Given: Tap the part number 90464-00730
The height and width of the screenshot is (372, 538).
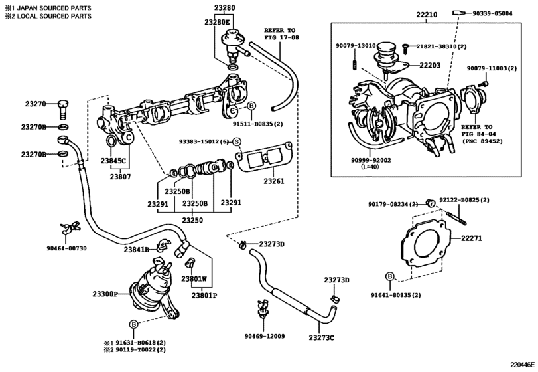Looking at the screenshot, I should [x=66, y=248].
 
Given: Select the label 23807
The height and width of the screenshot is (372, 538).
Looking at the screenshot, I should [x=120, y=177].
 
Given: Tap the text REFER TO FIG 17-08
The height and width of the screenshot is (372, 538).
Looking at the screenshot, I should [x=282, y=35].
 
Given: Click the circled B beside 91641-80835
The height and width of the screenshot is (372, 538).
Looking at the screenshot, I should [x=389, y=276].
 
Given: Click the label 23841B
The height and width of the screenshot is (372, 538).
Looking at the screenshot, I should [x=137, y=249].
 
